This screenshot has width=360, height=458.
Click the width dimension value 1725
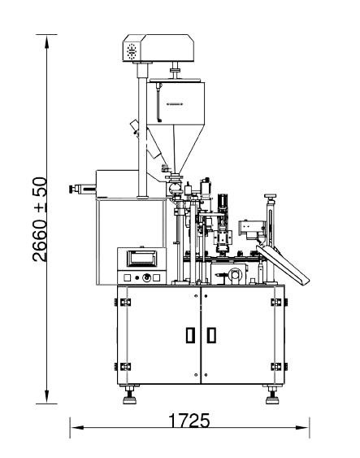pos(189,421)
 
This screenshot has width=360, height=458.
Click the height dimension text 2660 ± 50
pos(40,220)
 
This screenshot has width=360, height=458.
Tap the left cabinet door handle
pos(190,335)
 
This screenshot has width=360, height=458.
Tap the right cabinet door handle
pos(211,335)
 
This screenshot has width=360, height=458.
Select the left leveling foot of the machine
pos(129,395)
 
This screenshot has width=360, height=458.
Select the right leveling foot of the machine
pos(272,395)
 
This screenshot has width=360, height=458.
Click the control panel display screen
pos(142,258)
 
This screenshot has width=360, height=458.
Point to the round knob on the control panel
pos(147,277)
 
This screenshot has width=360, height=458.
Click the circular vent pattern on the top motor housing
pos(132,52)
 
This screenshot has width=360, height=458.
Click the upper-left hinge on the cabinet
pos(123,302)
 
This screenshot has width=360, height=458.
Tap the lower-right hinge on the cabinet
pos(280,367)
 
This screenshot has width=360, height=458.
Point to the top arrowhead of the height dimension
pos(46,41)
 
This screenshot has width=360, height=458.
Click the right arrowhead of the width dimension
pos(302,427)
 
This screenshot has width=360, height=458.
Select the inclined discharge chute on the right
pos(283,264)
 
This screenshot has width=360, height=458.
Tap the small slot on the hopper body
pos(175,103)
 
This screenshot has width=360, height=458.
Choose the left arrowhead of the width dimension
pos(76,427)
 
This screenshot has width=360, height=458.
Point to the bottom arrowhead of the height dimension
pos(46,397)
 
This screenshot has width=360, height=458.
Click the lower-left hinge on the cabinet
pos(123,367)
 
